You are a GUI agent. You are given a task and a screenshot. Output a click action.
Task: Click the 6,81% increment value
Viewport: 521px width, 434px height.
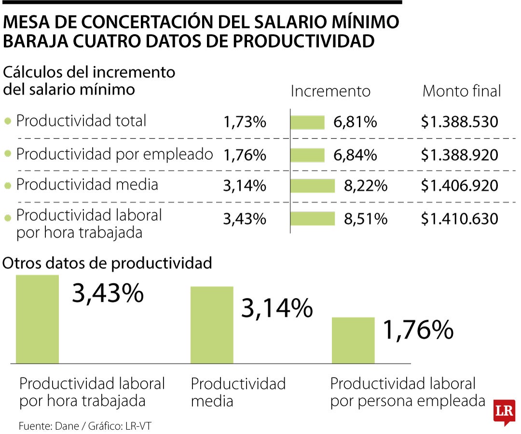pyautogui.click(x=355, y=122)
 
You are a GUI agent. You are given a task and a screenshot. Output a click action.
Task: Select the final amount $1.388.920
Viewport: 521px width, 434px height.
pyautogui.click(x=459, y=155)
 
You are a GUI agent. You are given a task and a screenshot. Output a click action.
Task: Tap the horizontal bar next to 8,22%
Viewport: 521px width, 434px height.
pyautogui.click(x=313, y=186)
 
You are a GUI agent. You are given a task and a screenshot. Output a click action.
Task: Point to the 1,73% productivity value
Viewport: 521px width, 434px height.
pyautogui.click(x=245, y=122)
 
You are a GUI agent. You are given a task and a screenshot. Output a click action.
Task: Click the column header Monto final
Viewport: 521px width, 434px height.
pyautogui.click(x=462, y=91)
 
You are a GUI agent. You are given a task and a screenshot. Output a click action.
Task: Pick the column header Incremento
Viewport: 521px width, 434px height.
pyautogui.click(x=330, y=91)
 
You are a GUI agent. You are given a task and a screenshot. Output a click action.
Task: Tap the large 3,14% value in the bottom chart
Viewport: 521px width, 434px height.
pyautogui.click(x=276, y=308)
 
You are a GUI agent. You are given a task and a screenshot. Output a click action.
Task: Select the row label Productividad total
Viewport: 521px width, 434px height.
pyautogui.click(x=81, y=121)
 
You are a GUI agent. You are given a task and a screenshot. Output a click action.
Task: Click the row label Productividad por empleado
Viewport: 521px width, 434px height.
pyautogui.click(x=114, y=154)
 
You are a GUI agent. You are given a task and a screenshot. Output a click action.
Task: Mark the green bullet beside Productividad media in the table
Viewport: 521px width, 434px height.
pyautogui.click(x=7, y=186)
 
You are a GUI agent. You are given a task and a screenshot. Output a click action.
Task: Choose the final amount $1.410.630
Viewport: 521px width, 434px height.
pyautogui.click(x=459, y=219)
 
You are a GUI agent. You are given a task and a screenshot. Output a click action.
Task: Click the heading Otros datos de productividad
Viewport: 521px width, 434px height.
pyautogui.click(x=108, y=263)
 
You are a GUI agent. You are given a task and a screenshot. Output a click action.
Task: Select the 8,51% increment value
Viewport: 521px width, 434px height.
pyautogui.click(x=365, y=219)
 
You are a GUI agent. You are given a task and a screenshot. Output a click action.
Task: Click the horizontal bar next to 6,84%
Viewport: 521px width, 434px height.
pyautogui.click(x=307, y=155)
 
